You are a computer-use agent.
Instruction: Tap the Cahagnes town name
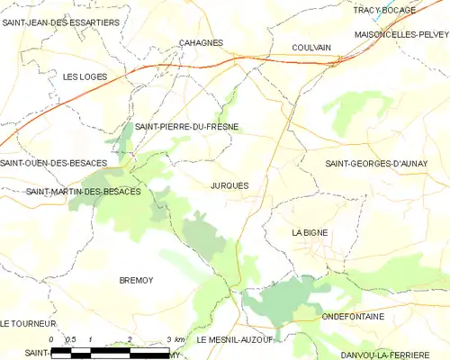point(201,42)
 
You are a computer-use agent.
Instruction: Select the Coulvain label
point(311,48)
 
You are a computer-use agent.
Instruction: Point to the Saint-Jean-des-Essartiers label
point(60,22)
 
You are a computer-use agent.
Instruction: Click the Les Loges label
point(85,76)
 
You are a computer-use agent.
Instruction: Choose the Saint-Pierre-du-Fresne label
point(187,127)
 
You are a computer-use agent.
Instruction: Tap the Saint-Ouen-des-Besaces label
point(54,163)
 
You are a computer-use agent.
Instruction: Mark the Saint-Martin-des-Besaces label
point(83,192)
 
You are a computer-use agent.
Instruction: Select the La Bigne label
point(310,232)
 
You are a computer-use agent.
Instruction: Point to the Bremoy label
point(137,281)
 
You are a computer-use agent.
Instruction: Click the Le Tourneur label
point(29,323)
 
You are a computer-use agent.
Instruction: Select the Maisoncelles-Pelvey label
point(401,34)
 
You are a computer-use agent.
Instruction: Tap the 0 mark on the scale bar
point(51,339)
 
